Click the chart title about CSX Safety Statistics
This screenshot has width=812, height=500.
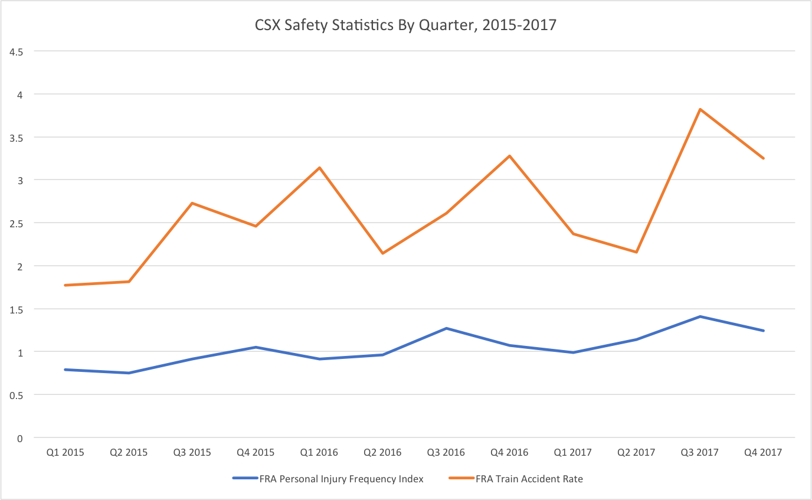click(x=405, y=25)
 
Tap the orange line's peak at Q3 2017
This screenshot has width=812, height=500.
click(x=700, y=109)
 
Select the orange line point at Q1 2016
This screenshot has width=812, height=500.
click(x=319, y=168)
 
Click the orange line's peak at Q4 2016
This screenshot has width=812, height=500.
click(x=509, y=156)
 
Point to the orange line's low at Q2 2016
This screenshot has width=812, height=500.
click(x=382, y=253)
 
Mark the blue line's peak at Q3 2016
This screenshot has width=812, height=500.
click(x=446, y=328)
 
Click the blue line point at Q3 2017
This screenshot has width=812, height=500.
click(x=700, y=316)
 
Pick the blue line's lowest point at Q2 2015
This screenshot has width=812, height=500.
click(x=129, y=373)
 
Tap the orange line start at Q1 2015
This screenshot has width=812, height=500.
click(x=66, y=285)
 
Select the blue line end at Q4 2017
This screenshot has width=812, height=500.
click(x=764, y=331)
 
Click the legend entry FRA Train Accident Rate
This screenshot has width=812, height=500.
click(x=529, y=479)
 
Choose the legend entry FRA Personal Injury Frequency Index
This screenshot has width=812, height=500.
click(x=341, y=479)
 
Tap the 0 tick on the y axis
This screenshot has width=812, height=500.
click(x=19, y=438)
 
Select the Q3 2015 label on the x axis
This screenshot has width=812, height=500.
click(x=192, y=453)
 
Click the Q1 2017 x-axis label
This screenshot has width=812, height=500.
click(x=573, y=453)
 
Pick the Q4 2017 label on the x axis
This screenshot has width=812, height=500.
click(x=764, y=453)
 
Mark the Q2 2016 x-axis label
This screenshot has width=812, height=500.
click(x=382, y=453)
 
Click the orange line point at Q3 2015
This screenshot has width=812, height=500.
click(x=192, y=203)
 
